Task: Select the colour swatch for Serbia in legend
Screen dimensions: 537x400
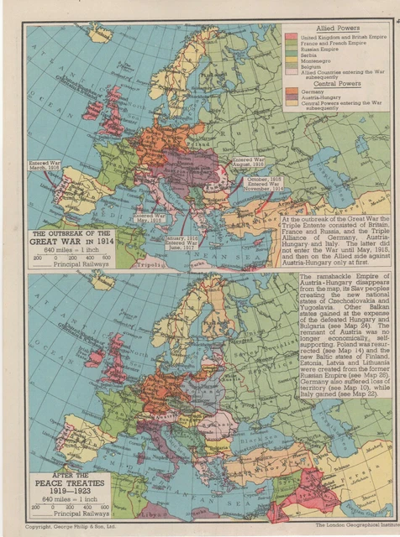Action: [x=289, y=55]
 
